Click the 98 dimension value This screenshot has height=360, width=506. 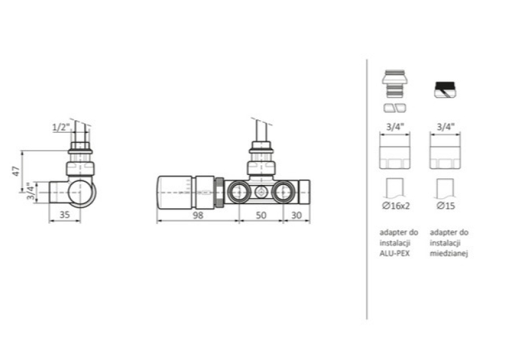tap(198, 215)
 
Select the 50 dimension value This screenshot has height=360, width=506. tap(261, 215)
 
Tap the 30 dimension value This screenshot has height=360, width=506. tap(296, 215)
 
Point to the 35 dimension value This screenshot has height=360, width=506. tap(65, 215)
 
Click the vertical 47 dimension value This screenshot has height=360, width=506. tap(16, 171)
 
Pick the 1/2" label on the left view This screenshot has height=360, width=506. tap(61, 127)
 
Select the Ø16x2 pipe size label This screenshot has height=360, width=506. tap(396, 205)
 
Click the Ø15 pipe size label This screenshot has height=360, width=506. tap(446, 205)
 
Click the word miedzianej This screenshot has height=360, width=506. tap(449, 254)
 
